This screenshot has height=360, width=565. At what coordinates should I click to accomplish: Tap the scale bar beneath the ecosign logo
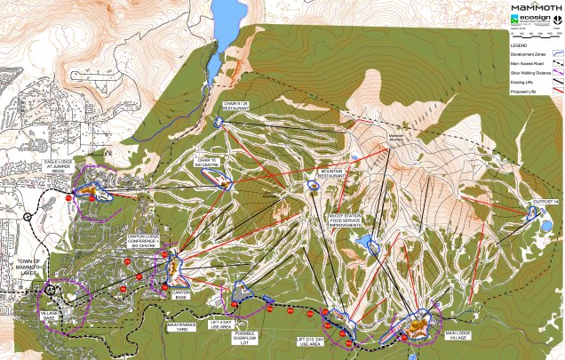coord(533,36)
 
